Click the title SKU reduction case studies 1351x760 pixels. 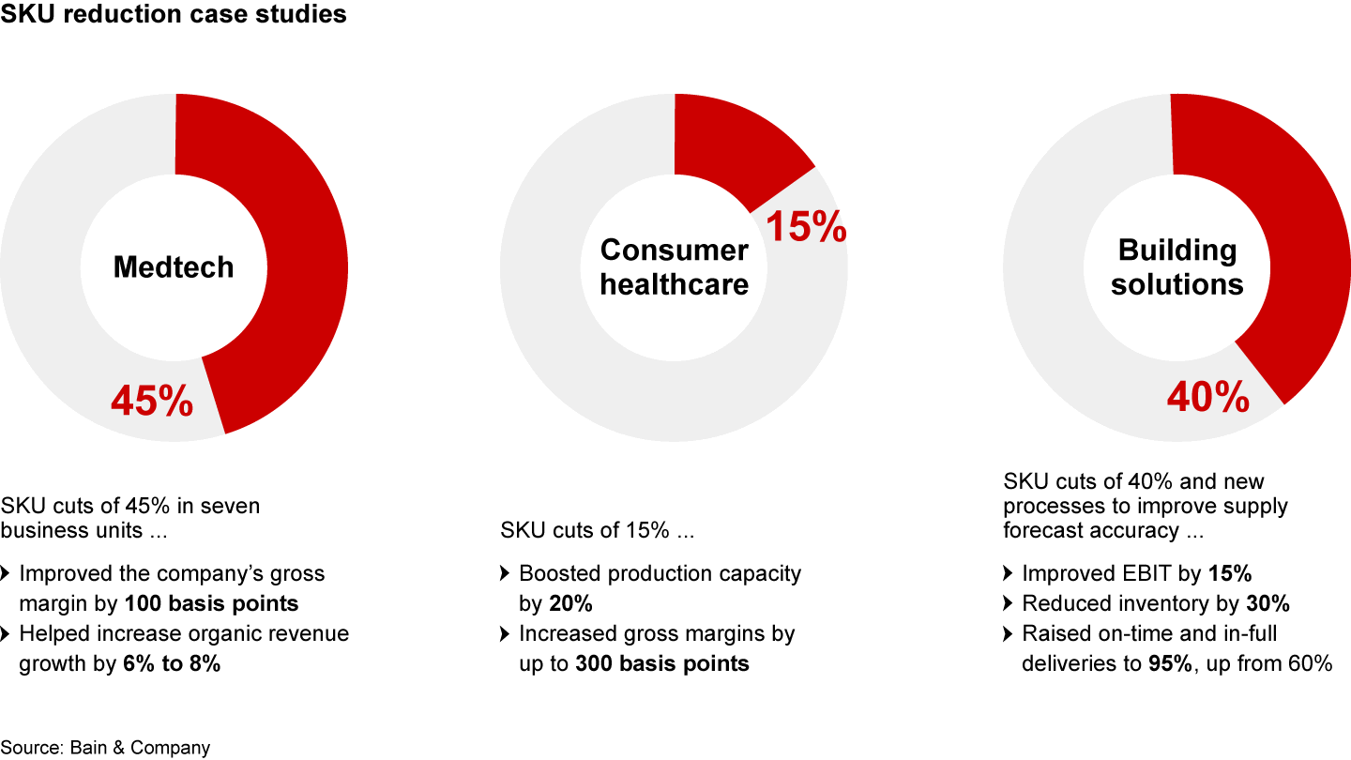tap(174, 15)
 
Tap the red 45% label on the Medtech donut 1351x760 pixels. tap(152, 401)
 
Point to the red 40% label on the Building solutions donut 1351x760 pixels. tap(1208, 397)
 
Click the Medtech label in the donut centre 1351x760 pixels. tap(174, 267)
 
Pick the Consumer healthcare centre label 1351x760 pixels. tap(675, 267)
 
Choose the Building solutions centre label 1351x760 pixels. tap(1177, 267)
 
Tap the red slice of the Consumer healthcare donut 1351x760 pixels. tap(736, 150)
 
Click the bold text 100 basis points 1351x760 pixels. tap(211, 603)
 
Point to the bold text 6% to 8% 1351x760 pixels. tap(172, 663)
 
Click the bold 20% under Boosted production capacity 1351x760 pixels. tap(571, 603)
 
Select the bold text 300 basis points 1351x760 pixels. tap(662, 663)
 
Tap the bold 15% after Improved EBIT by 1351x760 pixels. tap(1229, 573)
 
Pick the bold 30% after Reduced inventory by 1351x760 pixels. tap(1268, 603)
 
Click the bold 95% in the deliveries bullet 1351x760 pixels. tap(1171, 663)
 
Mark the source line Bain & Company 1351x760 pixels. tap(105, 748)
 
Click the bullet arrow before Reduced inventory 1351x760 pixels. tap(1008, 603)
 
